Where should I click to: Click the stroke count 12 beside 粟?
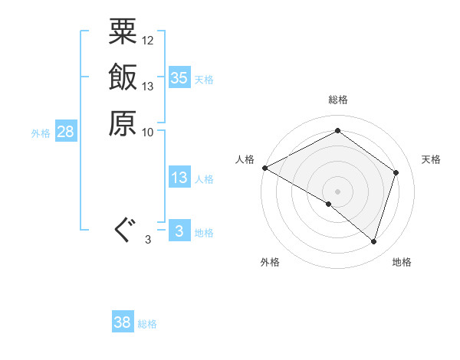[x=148, y=40]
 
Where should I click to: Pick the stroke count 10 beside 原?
[x=148, y=131]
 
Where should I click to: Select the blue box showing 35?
[x=179, y=78]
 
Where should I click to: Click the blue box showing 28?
[x=66, y=133]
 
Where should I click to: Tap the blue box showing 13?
[x=179, y=178]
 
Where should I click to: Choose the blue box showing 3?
[x=179, y=231]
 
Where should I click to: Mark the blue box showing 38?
[x=123, y=322]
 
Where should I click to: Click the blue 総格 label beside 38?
[x=147, y=324]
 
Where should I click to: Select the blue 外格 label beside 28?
[x=41, y=133]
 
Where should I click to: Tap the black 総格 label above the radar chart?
[x=338, y=100]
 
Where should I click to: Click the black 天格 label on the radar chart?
[x=432, y=159]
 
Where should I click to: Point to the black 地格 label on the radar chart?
[x=402, y=262]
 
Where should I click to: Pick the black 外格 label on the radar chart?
[x=270, y=262]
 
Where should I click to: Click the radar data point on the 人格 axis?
[x=264, y=168]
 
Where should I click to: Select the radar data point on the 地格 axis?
[x=373, y=241]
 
